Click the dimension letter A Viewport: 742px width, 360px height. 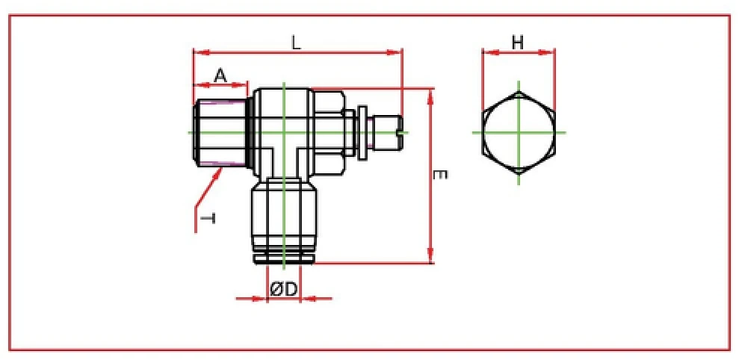coord(220,75)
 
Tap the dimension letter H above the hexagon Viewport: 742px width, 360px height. coord(517,43)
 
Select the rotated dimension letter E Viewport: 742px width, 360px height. coord(441,174)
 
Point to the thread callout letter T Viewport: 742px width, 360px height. coord(209,217)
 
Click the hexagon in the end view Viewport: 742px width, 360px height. coord(519,132)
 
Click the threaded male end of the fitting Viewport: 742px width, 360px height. coord(220,133)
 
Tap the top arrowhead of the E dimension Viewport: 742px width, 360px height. coord(430,94)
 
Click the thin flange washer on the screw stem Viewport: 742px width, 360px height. coord(362,132)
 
